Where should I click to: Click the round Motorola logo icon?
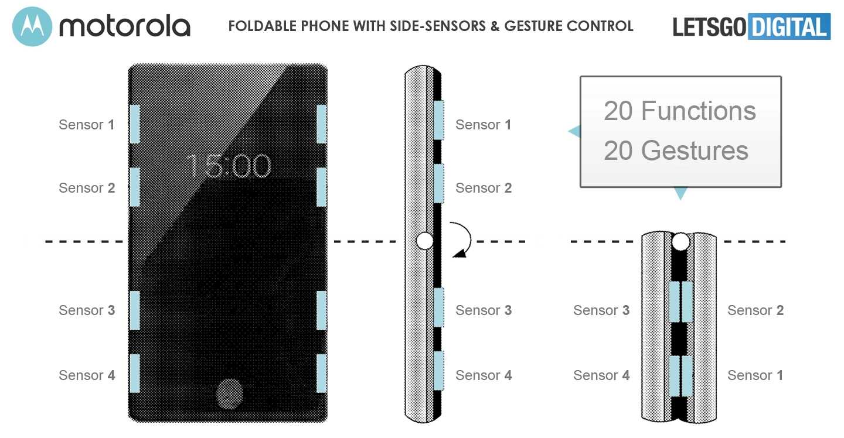pos(32,26)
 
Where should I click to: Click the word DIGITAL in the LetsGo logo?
pos(789,26)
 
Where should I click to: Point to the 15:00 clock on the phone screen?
pos(229,166)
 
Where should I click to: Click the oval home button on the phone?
pos(230,393)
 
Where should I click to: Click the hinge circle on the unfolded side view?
pos(424,241)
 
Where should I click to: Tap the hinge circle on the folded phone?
pos(680,242)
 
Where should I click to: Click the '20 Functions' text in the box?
pos(679,111)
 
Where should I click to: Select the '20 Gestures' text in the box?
pos(676,150)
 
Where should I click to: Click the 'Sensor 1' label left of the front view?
pos(87,125)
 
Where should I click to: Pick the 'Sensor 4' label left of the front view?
pos(87,375)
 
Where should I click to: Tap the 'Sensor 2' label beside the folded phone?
pos(755,310)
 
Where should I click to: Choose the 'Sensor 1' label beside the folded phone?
pos(755,375)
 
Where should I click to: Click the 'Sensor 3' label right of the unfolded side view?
pos(484,310)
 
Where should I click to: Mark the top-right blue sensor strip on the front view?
pos(321,124)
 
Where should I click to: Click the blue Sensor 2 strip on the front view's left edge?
pos(135,187)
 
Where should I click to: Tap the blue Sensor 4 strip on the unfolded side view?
pos(438,371)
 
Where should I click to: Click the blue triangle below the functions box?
pos(680,193)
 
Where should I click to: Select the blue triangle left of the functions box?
pos(574,131)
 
